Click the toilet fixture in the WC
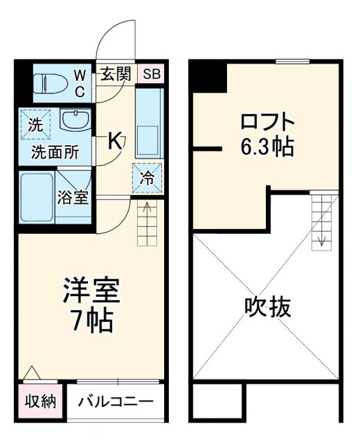[x=47, y=82]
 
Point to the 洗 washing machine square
[x=35, y=125]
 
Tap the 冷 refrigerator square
[x=147, y=176]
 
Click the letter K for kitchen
[x=115, y=141]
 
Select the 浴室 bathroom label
[x=72, y=197]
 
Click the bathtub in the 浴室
[x=36, y=197]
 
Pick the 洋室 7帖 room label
[x=91, y=305]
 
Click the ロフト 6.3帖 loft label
[x=267, y=134]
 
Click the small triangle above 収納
[x=30, y=374]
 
